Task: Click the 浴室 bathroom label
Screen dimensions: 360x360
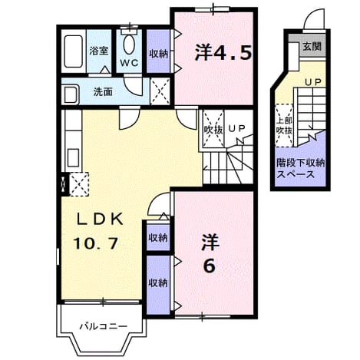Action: tap(99, 51)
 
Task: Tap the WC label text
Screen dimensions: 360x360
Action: tap(129, 63)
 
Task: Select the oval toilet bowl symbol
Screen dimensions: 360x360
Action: tap(129, 45)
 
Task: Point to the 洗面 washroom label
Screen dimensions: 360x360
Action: tap(103, 92)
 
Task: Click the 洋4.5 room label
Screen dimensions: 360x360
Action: tap(223, 52)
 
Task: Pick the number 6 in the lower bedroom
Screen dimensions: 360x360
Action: tap(210, 266)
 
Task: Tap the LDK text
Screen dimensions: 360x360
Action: tap(101, 220)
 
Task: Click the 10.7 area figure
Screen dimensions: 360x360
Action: tap(96, 243)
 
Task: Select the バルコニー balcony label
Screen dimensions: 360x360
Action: tap(103, 326)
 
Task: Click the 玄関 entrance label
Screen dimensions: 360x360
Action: tap(312, 47)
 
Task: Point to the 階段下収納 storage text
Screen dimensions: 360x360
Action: tap(300, 163)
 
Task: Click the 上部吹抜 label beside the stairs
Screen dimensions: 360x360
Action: tap(284, 126)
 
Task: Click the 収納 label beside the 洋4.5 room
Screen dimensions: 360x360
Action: tap(159, 54)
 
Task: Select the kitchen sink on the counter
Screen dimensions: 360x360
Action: tap(74, 158)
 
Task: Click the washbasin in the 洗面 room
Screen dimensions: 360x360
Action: tap(70, 94)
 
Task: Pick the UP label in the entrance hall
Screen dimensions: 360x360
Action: tap(312, 82)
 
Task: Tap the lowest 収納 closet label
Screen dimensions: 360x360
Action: tap(158, 283)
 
